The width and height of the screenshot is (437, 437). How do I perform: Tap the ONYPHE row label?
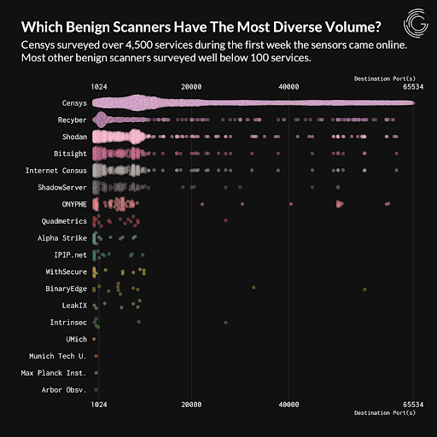[x=67, y=204]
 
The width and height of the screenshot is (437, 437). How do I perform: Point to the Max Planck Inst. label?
[x=52, y=372]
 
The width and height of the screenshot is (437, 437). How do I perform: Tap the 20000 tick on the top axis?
[x=191, y=86]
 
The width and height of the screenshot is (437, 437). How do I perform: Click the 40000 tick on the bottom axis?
[x=289, y=403]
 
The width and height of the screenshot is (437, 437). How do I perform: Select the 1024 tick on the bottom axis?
[x=97, y=403]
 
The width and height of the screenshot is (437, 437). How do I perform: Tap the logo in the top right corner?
[x=415, y=20]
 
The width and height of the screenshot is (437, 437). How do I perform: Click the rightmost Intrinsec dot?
[x=225, y=323]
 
